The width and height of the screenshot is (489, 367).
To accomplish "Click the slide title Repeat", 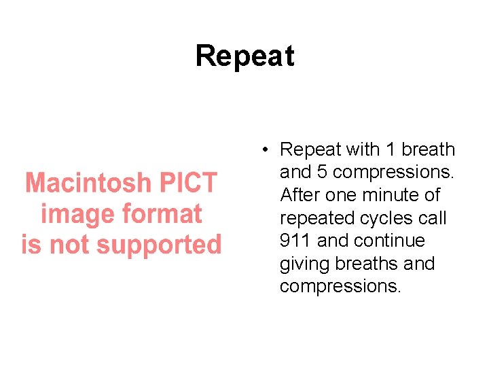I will pyautogui.click(x=244, y=56).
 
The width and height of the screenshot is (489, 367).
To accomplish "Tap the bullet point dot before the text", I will pyautogui.click(x=269, y=150).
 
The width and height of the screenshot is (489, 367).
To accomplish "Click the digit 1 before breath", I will pyautogui.click(x=390, y=150).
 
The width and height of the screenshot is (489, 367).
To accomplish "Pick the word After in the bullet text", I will pyautogui.click(x=300, y=195).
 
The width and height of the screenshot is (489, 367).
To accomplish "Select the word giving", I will pyautogui.click(x=303, y=264).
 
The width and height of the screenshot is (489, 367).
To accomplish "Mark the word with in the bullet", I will pyautogui.click(x=363, y=150).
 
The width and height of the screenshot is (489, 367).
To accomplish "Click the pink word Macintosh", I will pyautogui.click(x=89, y=183).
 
